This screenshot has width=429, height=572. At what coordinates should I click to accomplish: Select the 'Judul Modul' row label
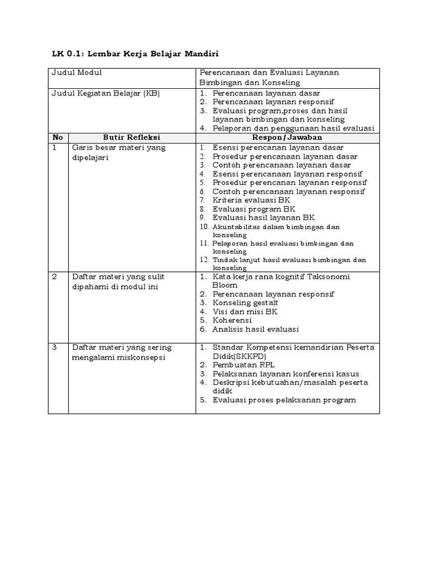[x=77, y=73]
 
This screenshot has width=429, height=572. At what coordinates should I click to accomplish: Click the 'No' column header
[x=58, y=137]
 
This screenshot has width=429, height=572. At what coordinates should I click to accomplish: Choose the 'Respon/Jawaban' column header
[x=287, y=137]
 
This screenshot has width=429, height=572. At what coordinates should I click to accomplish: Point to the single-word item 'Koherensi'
[x=232, y=321]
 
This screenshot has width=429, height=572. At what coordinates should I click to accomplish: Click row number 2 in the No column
[x=55, y=277]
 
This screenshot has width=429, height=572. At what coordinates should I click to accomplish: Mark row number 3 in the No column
[x=55, y=347]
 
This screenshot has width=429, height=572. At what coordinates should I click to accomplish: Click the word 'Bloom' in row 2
[x=225, y=285]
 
